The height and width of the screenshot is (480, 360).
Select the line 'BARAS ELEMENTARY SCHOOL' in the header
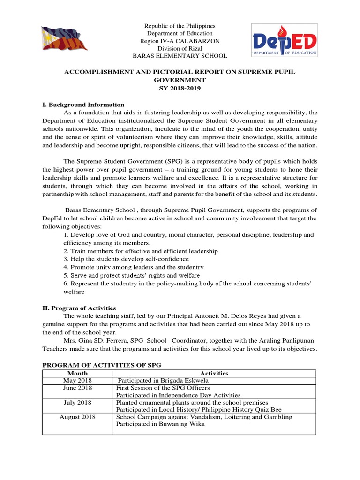pyautogui.click(x=180, y=56)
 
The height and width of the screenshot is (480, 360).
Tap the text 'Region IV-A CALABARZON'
pyautogui.click(x=180, y=41)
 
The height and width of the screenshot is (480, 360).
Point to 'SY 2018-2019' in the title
pyautogui.click(x=180, y=88)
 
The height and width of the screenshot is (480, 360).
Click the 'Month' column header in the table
pyautogui.click(x=77, y=373)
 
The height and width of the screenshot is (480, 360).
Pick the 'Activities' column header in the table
pyautogui.click(x=214, y=373)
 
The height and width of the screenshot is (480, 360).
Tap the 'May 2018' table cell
pyautogui.click(x=77, y=380)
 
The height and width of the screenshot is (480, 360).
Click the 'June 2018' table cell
pyautogui.click(x=77, y=388)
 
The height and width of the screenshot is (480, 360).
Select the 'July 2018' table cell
pyautogui.click(x=77, y=402)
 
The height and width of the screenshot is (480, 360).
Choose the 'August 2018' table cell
pyautogui.click(x=77, y=417)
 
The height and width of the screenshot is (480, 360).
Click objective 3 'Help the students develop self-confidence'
pyautogui.click(x=126, y=259)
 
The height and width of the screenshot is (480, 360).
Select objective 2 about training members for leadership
pyautogui.click(x=141, y=251)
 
